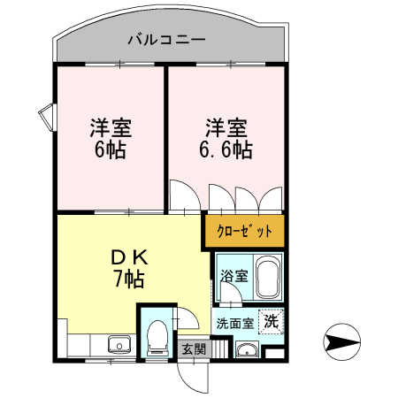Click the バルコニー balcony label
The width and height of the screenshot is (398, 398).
[x=166, y=39]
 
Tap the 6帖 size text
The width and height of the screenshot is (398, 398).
[x=111, y=149]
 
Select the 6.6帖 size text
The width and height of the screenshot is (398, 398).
[x=226, y=149]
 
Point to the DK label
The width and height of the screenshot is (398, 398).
[x=129, y=258]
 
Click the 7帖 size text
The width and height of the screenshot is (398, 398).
[x=129, y=279]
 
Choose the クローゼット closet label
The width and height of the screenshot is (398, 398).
[x=244, y=231]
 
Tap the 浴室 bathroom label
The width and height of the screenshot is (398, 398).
[x=234, y=276]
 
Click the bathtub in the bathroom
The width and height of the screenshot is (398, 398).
[x=268, y=278]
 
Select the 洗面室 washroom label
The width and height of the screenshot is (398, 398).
[x=235, y=324]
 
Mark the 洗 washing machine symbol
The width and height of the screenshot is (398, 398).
[x=272, y=321]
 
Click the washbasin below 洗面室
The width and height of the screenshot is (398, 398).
[x=248, y=349]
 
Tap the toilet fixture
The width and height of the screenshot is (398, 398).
[x=157, y=338]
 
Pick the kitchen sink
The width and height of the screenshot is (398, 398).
[x=119, y=345]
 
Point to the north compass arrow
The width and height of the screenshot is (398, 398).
[x=342, y=342]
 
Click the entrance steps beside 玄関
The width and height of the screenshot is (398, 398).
[x=220, y=348]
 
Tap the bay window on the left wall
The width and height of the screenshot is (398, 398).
[x=47, y=118]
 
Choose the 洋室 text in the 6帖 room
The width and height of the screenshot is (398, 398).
[x=111, y=128]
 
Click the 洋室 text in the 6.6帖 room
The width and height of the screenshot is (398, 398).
[x=226, y=128]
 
